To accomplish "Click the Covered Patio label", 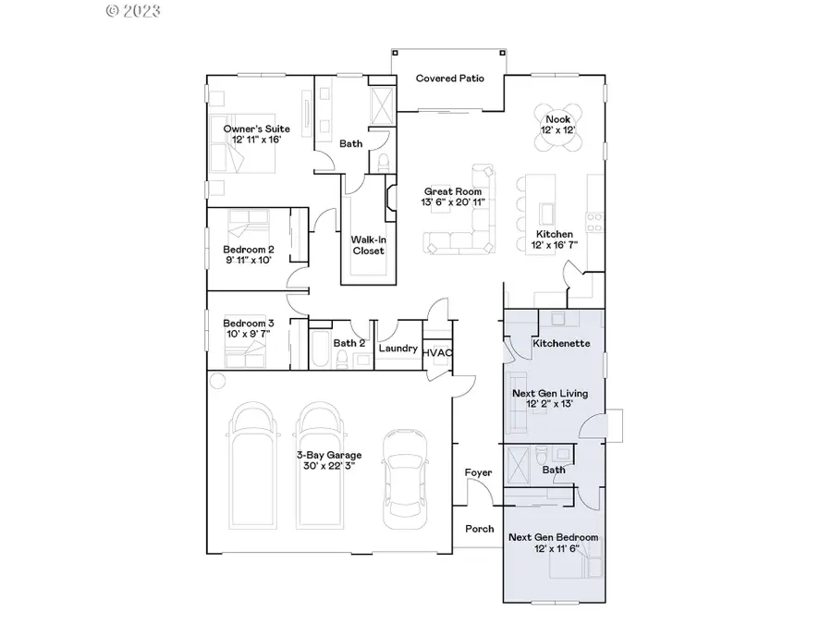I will (x=449, y=79).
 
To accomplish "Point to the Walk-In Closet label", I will (x=367, y=243).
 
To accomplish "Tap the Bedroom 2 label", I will (x=248, y=249).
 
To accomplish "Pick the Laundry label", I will (x=398, y=349).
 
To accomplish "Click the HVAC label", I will (x=436, y=352).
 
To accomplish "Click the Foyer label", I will (x=478, y=472).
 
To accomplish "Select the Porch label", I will (x=478, y=529).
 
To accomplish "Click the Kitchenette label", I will (x=557, y=343).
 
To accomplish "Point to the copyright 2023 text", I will (x=134, y=11).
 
